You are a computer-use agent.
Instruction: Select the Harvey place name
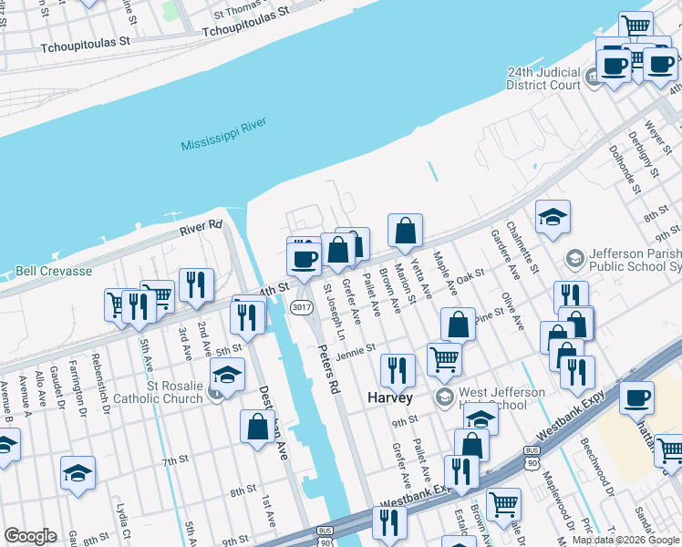pos(391,398)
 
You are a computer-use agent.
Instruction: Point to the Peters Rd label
pos(328,367)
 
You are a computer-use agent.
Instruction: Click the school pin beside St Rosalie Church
pos(228,375)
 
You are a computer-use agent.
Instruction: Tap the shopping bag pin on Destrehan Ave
pos(258,426)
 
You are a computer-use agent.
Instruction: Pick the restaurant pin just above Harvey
pos(398,369)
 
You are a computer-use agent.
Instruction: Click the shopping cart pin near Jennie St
pos(444,357)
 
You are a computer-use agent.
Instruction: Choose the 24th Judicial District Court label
pos(543,78)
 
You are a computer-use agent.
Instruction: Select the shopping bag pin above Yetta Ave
pos(406,232)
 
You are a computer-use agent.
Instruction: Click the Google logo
pos(30,536)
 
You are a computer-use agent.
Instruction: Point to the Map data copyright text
pos(625,540)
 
